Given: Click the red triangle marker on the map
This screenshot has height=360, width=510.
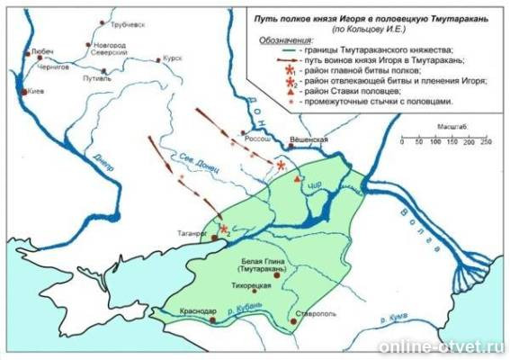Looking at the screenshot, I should tap(296, 179).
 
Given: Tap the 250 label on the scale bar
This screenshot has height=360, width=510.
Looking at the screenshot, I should tap(486, 144).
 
